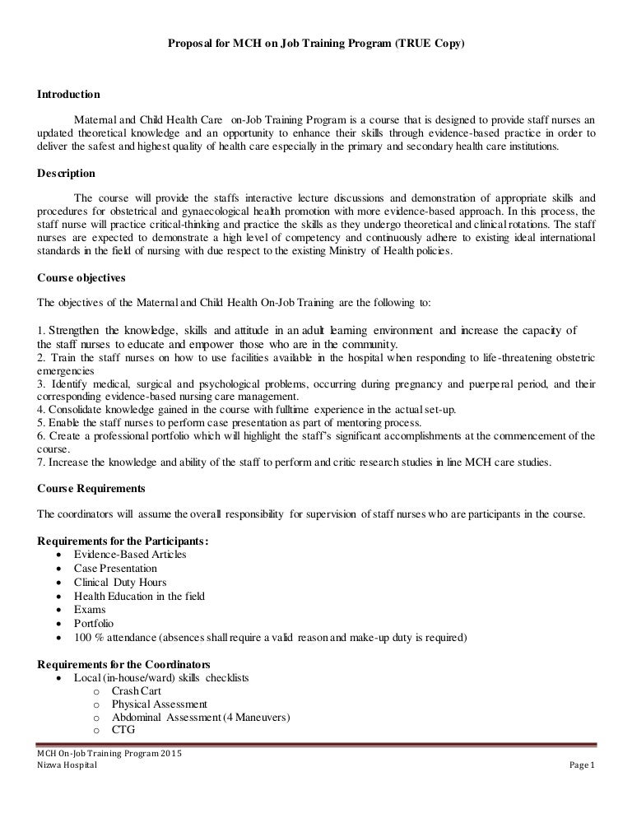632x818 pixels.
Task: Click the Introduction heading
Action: pyautogui.click(x=69, y=94)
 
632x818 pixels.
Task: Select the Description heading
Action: pyautogui.click(x=67, y=174)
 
